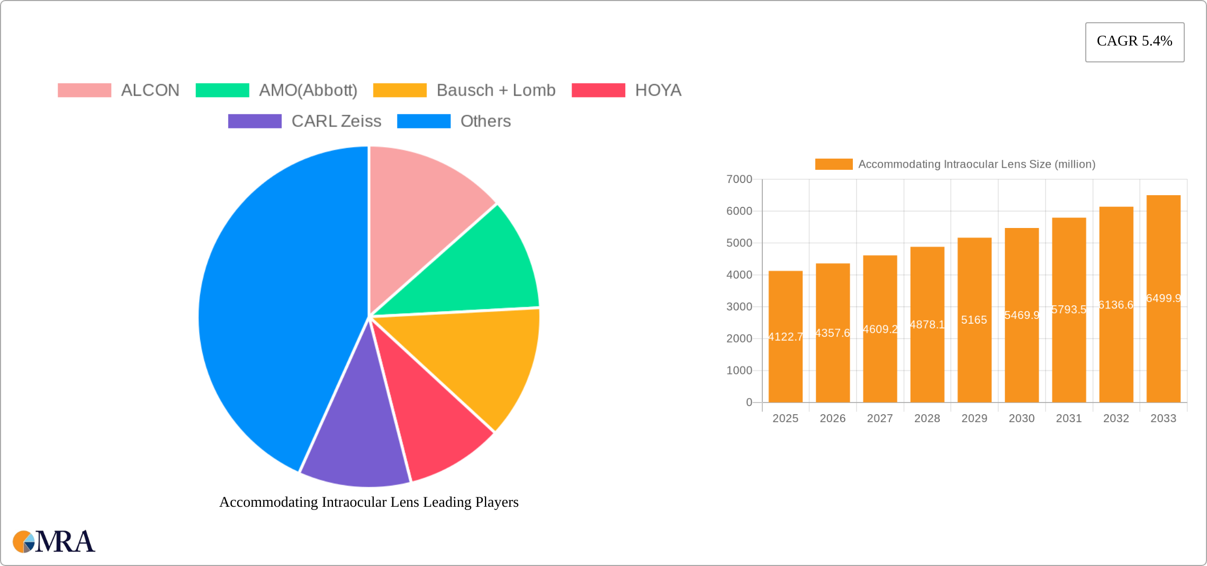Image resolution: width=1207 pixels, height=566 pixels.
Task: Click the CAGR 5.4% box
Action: coord(1134,42)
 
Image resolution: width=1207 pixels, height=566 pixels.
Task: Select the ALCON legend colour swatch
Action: coord(84,90)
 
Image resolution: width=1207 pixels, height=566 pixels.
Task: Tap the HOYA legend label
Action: coord(658,90)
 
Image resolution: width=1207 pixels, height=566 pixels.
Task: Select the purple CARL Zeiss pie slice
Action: coord(355,439)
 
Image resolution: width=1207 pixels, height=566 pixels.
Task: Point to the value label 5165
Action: coord(974,320)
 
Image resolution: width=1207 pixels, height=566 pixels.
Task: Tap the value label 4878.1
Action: coord(927,325)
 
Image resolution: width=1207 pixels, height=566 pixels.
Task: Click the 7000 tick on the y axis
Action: coord(739,179)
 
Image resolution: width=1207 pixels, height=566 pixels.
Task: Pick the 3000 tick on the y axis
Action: coord(739,307)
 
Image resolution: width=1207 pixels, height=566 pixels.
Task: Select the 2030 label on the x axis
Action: coord(1021,418)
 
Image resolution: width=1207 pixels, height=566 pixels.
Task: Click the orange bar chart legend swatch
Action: coord(833,165)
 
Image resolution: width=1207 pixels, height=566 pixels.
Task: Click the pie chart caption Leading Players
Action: coord(369,502)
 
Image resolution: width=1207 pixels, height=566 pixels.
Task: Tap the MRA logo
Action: coord(54,542)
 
